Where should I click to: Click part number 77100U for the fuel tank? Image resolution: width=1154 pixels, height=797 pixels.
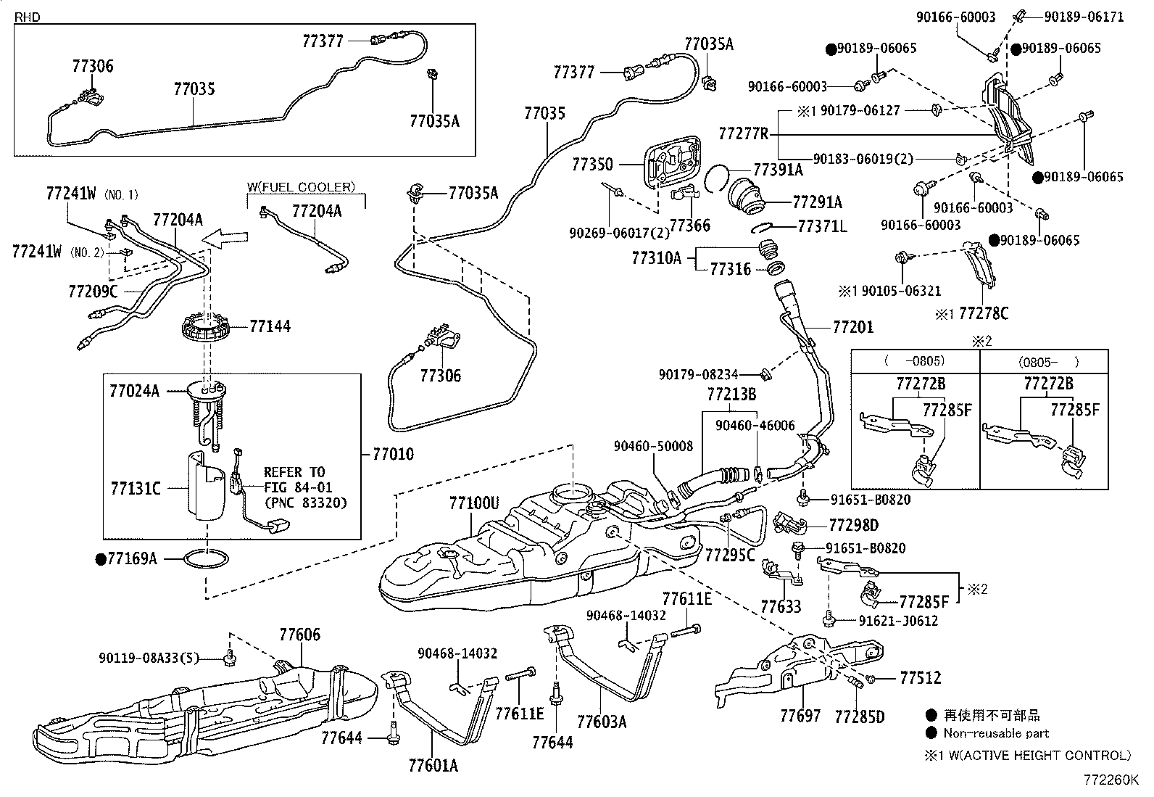[x=473, y=503]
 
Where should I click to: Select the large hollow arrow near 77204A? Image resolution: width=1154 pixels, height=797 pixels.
[x=225, y=236]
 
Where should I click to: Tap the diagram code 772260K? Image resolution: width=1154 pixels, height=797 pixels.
[x=1111, y=780]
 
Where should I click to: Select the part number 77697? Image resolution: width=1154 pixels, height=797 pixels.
[x=800, y=716]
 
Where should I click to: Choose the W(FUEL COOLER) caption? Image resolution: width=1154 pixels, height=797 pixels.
[x=302, y=187]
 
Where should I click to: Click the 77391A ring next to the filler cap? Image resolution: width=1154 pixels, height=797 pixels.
[x=718, y=176]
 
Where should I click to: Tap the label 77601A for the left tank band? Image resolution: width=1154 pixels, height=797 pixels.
[x=433, y=765]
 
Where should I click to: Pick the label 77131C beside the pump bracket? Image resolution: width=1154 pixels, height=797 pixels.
[x=136, y=488]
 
